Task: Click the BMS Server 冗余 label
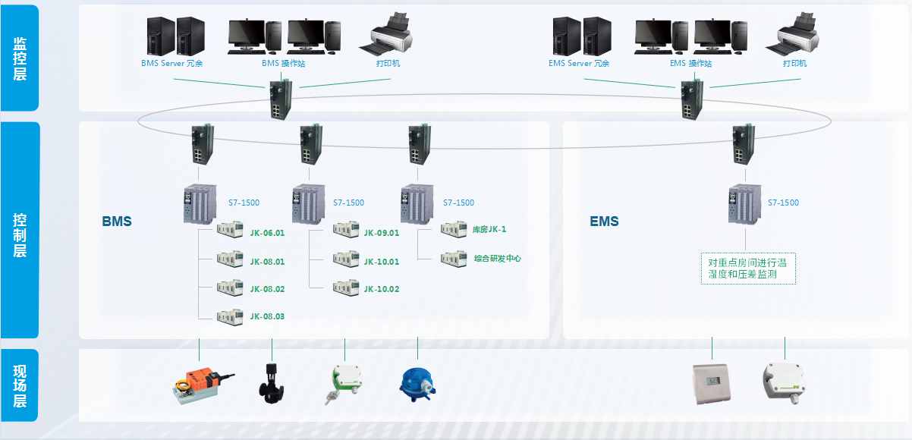point(172,64)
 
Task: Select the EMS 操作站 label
point(690,64)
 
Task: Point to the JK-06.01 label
point(267,234)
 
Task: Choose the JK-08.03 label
point(267,316)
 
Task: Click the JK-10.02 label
point(381,289)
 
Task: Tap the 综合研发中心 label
point(497,259)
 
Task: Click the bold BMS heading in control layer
point(117,222)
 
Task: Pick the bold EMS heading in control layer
point(604,222)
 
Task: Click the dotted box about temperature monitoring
point(748,269)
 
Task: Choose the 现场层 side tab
point(20,386)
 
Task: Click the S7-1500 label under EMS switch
point(783,203)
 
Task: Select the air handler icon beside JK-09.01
point(345,231)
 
